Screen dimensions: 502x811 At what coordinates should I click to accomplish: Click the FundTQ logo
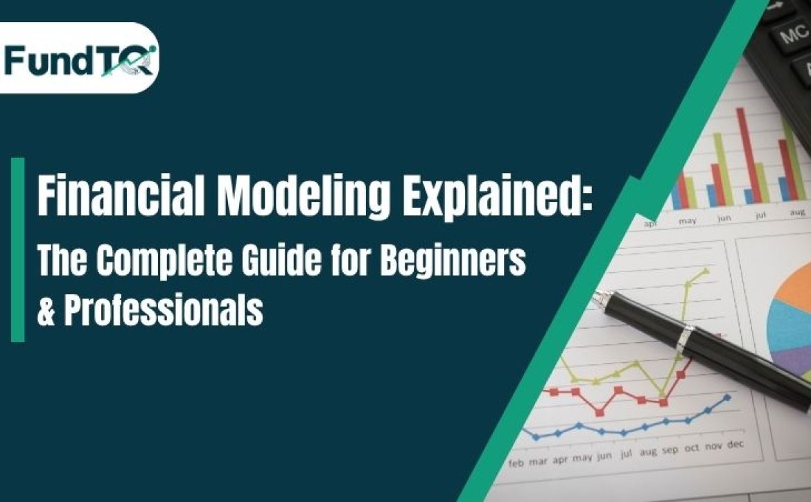[80, 58]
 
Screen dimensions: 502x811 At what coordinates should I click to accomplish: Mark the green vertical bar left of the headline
[17, 249]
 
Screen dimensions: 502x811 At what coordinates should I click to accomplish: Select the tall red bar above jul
[744, 156]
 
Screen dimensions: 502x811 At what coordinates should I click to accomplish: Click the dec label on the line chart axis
[735, 445]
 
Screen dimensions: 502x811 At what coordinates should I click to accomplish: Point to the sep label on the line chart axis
[670, 449]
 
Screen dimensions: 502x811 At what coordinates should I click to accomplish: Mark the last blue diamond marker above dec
[727, 397]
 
